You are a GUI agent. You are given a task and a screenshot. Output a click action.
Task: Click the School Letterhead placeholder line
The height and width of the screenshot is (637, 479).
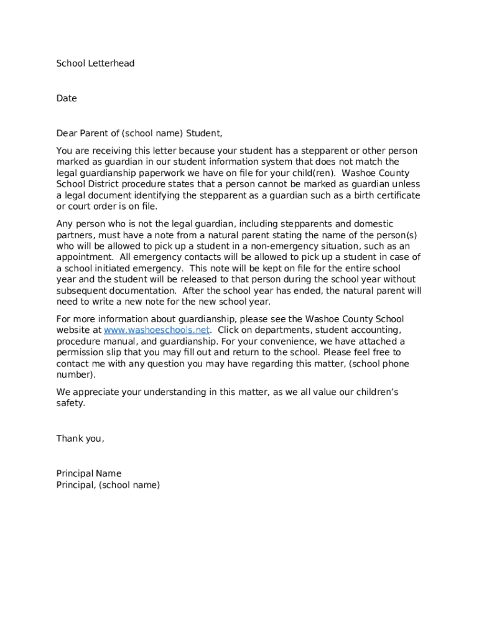(x=95, y=63)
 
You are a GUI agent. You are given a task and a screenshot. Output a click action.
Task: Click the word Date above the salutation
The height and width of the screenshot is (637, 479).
(x=67, y=98)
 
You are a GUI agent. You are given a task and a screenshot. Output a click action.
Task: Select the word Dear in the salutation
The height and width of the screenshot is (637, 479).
(x=67, y=133)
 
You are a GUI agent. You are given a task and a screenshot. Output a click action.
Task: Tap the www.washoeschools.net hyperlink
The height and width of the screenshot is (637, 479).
(x=157, y=330)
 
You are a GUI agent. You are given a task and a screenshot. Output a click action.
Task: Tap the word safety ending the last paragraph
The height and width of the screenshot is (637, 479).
(x=70, y=403)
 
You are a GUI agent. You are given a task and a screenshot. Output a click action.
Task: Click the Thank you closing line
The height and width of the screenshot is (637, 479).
(x=80, y=439)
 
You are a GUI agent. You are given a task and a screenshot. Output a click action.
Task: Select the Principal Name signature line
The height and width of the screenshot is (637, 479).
(x=89, y=473)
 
